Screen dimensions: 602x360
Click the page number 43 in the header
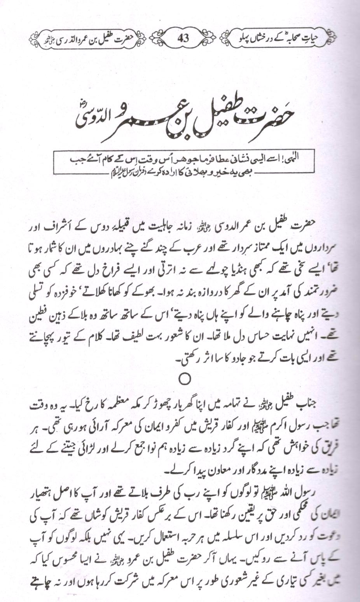pos(183,38)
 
